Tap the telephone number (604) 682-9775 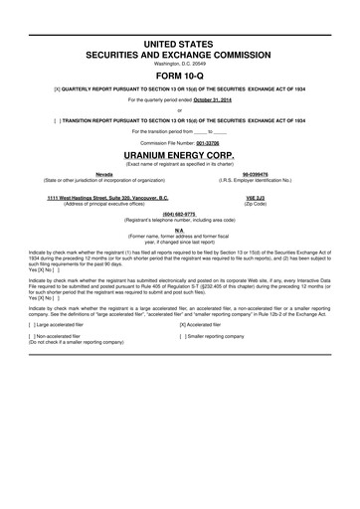(180, 213)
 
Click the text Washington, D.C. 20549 (180, 61)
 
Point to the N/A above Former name (180, 229)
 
